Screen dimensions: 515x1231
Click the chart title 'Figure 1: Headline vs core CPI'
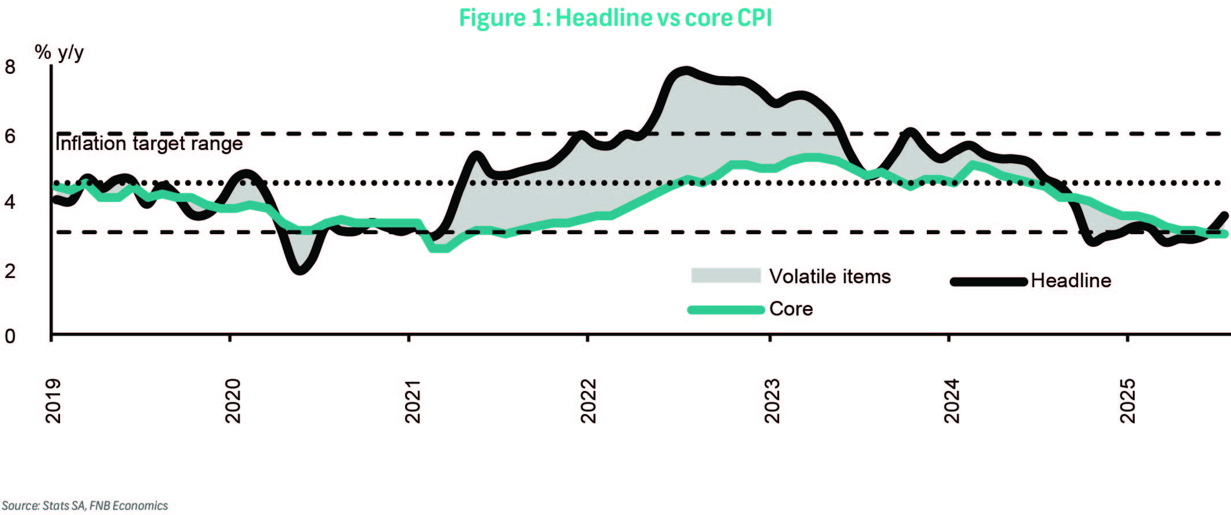point(615,18)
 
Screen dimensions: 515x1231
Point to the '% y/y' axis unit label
point(59,52)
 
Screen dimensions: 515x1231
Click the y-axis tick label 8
point(10,67)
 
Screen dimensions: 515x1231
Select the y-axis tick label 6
point(10,137)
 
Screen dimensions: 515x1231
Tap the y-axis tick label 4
point(10,202)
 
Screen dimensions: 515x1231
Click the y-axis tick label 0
point(10,336)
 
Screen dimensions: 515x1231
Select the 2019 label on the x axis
point(53,401)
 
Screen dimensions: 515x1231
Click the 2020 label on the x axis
point(233,401)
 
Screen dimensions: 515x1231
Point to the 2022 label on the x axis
point(588,401)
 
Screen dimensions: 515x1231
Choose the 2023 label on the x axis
point(772,401)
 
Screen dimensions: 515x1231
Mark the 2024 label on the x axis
point(951,401)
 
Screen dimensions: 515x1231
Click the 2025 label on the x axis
point(1127,401)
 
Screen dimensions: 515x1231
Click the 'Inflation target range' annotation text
point(149,143)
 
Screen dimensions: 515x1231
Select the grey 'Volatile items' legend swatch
point(725,276)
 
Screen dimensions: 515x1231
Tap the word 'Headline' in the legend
point(1071,281)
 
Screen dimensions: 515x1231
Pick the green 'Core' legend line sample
point(726,310)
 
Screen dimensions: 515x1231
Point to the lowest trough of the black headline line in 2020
point(300,270)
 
